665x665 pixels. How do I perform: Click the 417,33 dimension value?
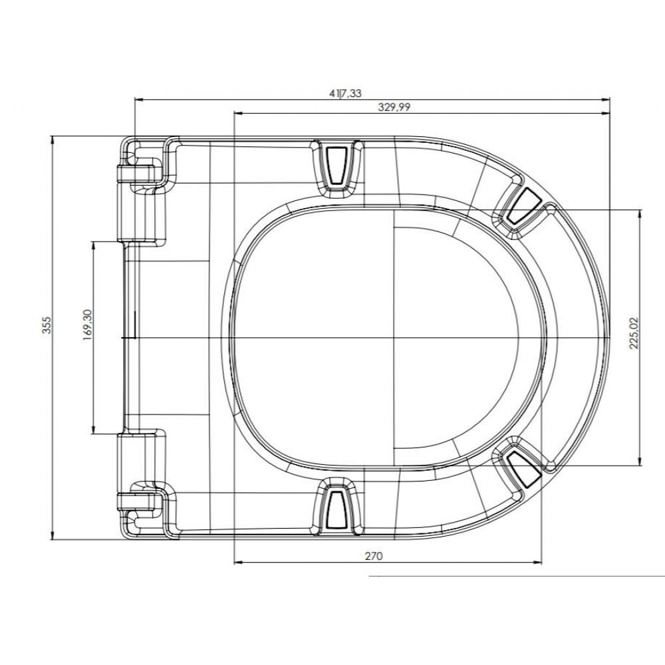click(x=345, y=93)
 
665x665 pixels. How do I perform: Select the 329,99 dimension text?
click(x=394, y=107)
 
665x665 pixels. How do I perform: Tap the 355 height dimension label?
click(x=47, y=325)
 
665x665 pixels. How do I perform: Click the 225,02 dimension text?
click(x=634, y=333)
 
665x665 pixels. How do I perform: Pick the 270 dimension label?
click(x=374, y=556)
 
